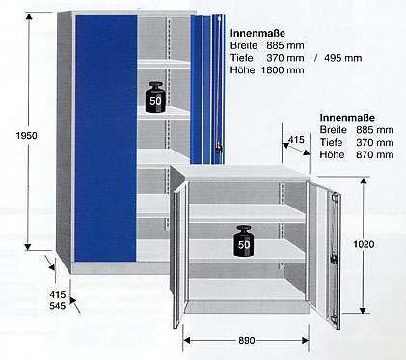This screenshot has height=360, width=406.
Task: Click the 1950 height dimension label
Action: click(27, 136)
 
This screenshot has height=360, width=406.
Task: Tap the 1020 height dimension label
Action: click(364, 244)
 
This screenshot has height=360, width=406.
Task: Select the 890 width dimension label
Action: click(247, 340)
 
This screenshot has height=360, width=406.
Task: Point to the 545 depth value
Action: click(58, 306)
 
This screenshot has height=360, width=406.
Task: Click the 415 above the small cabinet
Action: click(296, 140)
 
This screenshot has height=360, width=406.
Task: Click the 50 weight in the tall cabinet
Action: click(155, 97)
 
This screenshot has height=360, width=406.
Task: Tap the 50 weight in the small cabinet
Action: click(244, 241)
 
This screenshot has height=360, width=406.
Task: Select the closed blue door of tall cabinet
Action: click(106, 138)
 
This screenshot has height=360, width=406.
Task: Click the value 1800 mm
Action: click(283, 69)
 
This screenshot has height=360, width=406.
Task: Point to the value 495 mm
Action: click(342, 58)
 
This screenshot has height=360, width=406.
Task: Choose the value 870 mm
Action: click(374, 154)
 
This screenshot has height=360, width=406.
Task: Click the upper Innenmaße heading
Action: click(257, 33)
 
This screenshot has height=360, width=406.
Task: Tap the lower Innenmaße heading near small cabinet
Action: click(347, 118)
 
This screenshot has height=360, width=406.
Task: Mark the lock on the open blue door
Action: click(219, 147)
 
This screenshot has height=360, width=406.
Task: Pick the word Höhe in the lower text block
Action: click(332, 154)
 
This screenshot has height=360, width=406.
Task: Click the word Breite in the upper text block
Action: click(244, 45)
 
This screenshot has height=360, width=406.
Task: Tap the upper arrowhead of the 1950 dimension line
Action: click(29, 16)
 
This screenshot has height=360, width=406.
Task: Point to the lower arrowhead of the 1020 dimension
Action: click(363, 311)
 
